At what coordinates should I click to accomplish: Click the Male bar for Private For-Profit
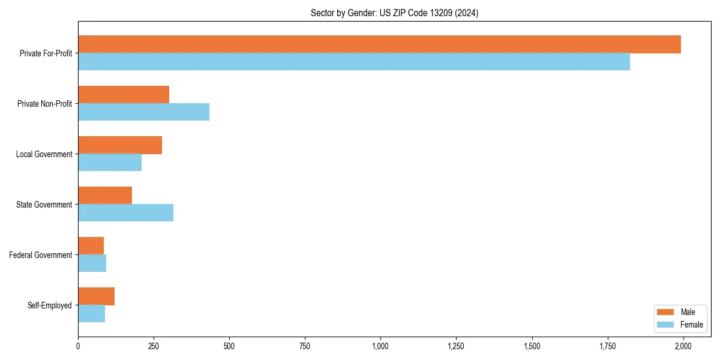tap(379, 44)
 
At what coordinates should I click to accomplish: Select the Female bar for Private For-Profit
tap(354, 61)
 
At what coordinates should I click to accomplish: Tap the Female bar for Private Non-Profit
tap(143, 112)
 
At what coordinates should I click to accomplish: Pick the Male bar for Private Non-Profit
tap(124, 95)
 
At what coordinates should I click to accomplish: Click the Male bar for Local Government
tap(120, 145)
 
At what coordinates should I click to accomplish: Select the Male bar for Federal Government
tap(91, 246)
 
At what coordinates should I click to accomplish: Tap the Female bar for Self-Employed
tap(91, 313)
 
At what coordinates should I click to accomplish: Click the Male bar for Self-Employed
tap(96, 296)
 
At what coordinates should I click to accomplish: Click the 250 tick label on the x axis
tap(154, 346)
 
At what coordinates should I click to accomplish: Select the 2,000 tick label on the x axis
tap(683, 346)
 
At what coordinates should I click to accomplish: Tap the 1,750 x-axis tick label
tap(607, 346)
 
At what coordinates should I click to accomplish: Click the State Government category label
tap(44, 205)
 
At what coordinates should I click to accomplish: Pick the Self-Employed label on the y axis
tap(49, 305)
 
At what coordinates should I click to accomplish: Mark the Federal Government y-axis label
tap(40, 255)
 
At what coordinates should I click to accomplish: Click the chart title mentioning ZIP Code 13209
tap(394, 13)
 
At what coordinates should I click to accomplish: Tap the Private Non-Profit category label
tap(44, 104)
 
